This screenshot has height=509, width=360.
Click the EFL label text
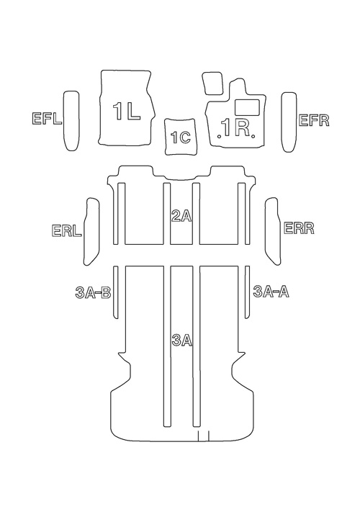[47, 119]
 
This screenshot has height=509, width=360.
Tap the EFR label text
[314, 120]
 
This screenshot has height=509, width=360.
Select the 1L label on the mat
[127, 111]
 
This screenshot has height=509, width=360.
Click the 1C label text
[181, 138]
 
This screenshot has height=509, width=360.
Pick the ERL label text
[66, 230]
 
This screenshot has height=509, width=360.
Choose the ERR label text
[299, 228]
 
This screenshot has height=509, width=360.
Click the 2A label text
[181, 216]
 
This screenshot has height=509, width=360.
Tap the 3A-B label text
[93, 293]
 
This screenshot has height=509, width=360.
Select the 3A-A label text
[271, 292]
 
